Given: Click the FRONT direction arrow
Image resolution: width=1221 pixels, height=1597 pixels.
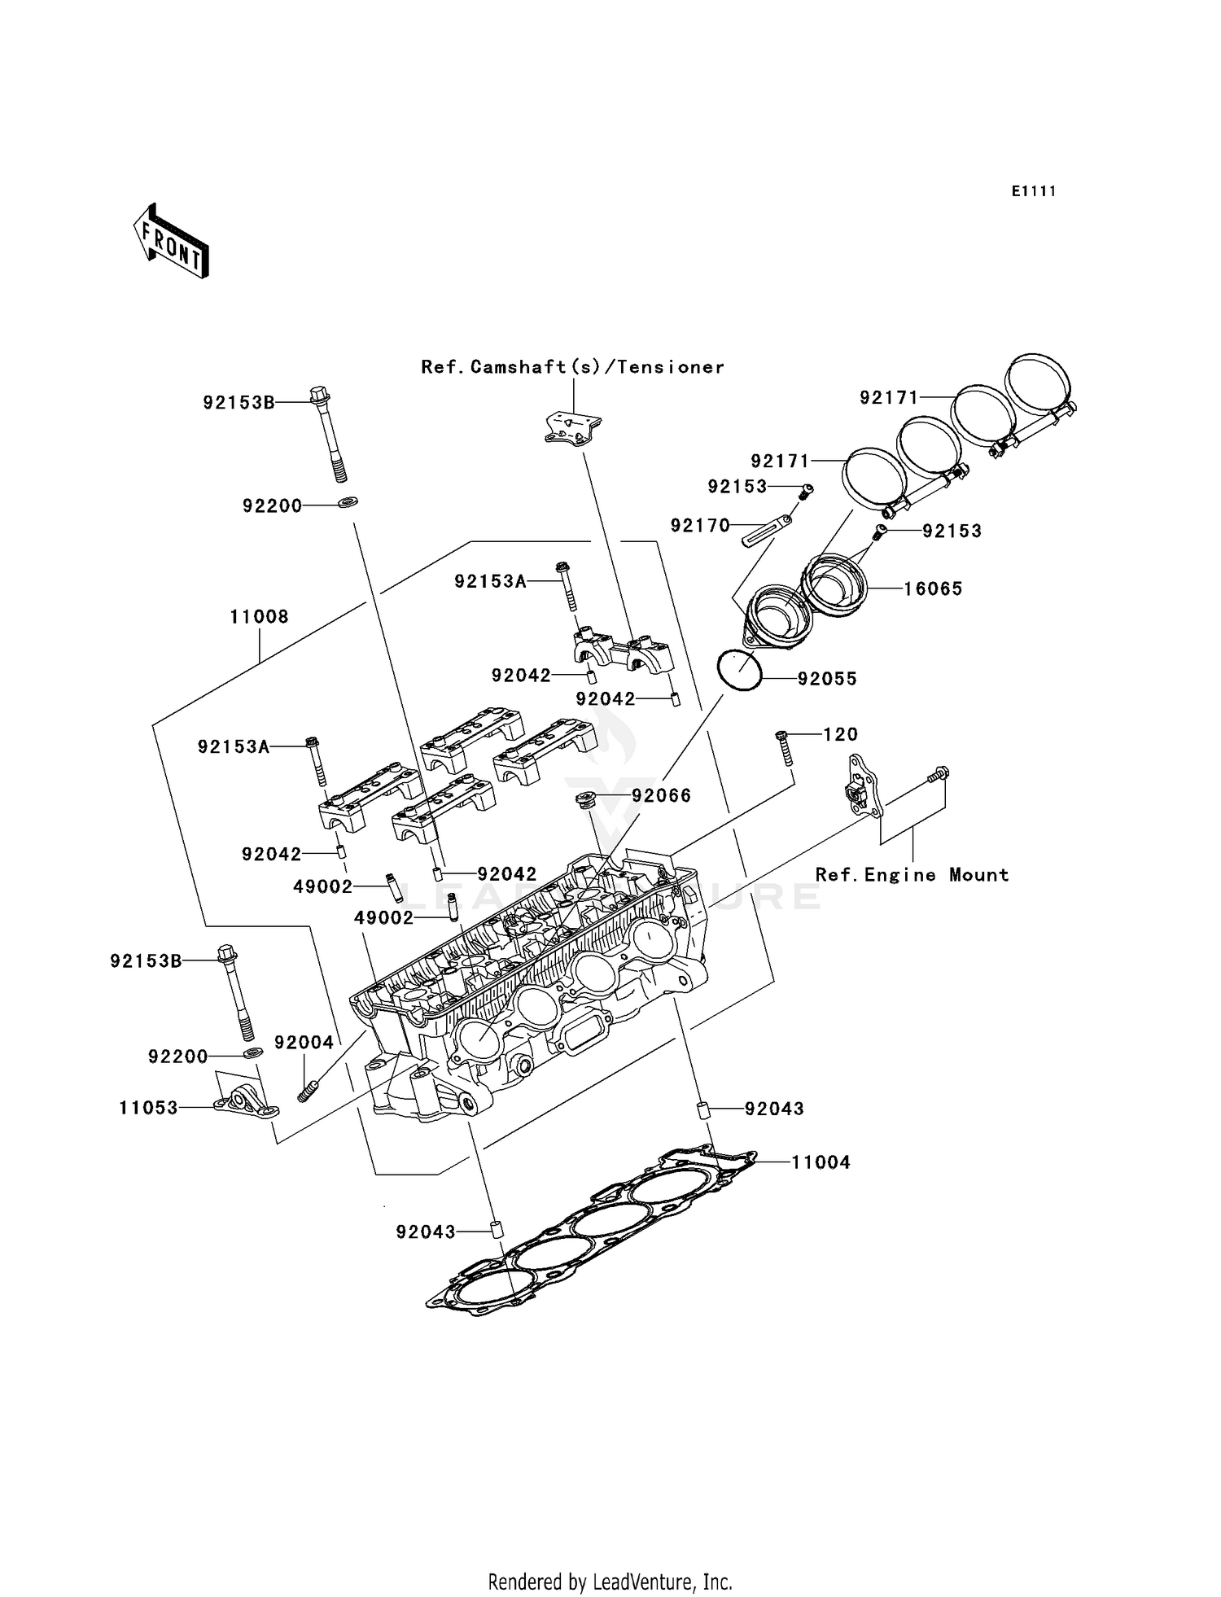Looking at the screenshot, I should [x=171, y=242].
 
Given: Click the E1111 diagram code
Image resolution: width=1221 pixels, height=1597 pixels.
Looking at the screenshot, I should [x=1034, y=191].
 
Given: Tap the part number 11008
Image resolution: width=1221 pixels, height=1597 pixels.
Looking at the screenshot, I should [x=259, y=617].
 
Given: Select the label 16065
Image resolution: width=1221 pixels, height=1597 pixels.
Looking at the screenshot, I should [x=933, y=588].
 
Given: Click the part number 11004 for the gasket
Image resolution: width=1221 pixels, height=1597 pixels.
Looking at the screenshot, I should [x=821, y=1162].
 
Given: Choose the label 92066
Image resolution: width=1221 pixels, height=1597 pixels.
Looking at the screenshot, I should [x=661, y=795].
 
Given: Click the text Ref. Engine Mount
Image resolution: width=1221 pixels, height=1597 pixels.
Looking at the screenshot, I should [x=912, y=875].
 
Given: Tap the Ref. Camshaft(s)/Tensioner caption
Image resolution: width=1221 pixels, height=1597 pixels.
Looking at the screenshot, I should [x=572, y=367].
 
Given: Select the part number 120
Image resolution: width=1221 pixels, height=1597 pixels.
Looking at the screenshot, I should [x=840, y=734].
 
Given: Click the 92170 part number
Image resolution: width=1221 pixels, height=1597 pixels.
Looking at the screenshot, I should [x=700, y=526].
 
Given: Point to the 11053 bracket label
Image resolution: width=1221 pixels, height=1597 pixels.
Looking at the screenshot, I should [x=148, y=1108].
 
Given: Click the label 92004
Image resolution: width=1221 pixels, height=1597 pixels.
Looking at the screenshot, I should [x=304, y=1043].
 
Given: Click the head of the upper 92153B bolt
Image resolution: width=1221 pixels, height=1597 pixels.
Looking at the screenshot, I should [x=319, y=396].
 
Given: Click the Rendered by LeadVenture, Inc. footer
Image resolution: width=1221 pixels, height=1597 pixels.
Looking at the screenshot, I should [x=610, y=1582].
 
